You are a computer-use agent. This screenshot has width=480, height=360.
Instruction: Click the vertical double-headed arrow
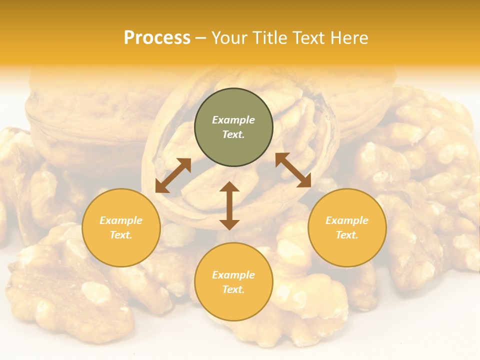pyautogui.click(x=229, y=205)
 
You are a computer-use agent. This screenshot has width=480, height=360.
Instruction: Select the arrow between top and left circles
pyautogui.click(x=173, y=175)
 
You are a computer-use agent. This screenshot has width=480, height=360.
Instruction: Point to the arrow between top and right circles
pyautogui.click(x=293, y=170)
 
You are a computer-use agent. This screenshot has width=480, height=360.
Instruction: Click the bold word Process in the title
pyautogui.click(x=157, y=38)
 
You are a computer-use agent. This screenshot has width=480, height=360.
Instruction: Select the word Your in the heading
pyautogui.click(x=230, y=38)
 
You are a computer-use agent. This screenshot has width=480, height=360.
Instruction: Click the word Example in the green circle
pyautogui.click(x=233, y=120)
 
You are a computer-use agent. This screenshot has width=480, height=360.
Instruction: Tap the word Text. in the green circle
pyautogui.click(x=233, y=134)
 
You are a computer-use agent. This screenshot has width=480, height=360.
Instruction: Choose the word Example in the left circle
pyautogui.click(x=121, y=220)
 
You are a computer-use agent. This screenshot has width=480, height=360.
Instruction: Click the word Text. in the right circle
pyautogui.click(x=347, y=235)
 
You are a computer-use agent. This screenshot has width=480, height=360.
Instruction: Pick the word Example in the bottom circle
pyautogui.click(x=233, y=275)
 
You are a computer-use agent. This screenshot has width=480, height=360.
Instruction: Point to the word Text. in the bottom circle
pyautogui.click(x=233, y=289)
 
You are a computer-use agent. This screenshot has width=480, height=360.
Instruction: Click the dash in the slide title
pyautogui.click(x=201, y=38)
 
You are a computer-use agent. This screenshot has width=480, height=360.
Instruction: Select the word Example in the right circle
pyautogui.click(x=347, y=220)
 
